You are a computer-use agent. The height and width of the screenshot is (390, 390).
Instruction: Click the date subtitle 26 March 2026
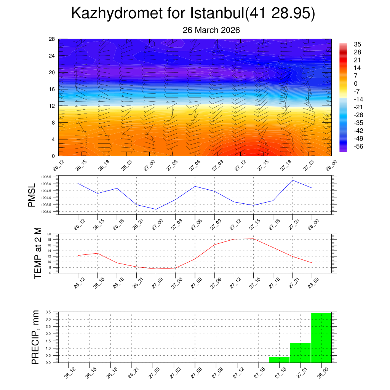[x=211, y=30]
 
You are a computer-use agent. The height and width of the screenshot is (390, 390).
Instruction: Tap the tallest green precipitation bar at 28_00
[x=321, y=337]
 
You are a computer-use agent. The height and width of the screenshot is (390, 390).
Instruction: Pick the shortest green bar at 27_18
[x=279, y=360]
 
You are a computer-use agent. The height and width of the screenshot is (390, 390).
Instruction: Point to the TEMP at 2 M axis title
[x=37, y=253]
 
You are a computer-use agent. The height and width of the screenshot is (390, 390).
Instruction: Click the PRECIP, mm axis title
[x=35, y=337]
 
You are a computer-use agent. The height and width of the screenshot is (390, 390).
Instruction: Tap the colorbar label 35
[x=357, y=44]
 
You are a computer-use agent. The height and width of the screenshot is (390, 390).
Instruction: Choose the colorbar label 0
[x=356, y=83]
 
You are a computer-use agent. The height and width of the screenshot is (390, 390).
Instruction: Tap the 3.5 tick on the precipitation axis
[x=48, y=312]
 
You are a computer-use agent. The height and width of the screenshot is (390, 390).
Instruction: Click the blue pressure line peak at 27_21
[x=292, y=180]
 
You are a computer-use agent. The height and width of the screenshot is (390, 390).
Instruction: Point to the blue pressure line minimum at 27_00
[x=156, y=209]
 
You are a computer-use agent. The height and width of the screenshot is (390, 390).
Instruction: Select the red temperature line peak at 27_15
[x=253, y=239]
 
